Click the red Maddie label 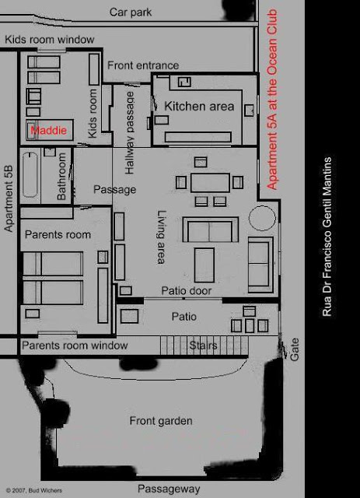[x=49, y=131]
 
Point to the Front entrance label [x=142, y=65]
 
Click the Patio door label [x=187, y=291]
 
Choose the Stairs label [x=203, y=345]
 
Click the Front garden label [x=161, y=421]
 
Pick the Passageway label [x=169, y=489]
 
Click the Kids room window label [x=49, y=40]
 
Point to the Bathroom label [x=63, y=177]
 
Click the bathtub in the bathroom [x=30, y=174]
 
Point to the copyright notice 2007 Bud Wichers [x=35, y=491]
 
